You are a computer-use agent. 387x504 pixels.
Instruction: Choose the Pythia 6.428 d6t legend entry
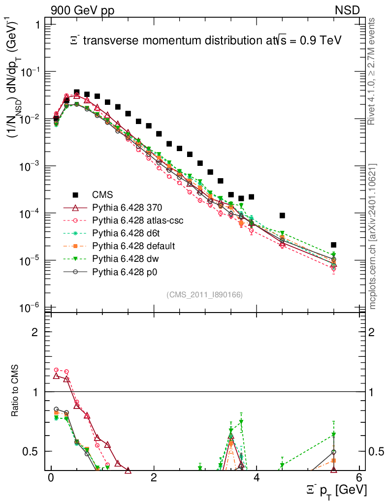125,233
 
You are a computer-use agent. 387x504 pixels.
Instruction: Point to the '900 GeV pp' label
82,10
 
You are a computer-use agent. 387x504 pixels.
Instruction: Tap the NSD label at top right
348,10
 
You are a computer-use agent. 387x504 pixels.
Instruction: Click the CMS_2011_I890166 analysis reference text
205,294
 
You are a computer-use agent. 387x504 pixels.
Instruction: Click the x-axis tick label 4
257,477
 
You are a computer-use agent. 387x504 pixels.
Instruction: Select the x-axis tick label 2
154,477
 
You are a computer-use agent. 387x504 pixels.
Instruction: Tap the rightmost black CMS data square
333,245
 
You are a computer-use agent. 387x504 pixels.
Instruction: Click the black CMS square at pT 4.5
282,215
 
